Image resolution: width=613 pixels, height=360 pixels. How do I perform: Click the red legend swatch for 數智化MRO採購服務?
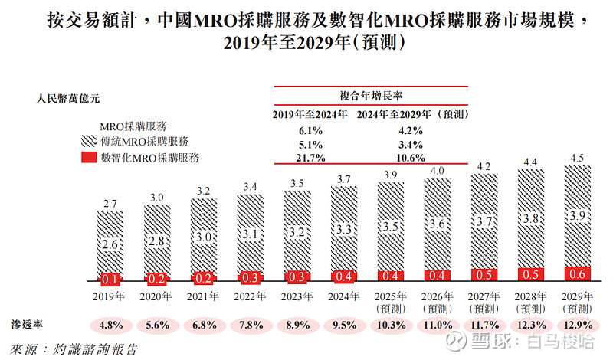click(90, 159)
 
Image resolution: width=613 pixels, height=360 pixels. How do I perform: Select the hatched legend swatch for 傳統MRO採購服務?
click(90, 142)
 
